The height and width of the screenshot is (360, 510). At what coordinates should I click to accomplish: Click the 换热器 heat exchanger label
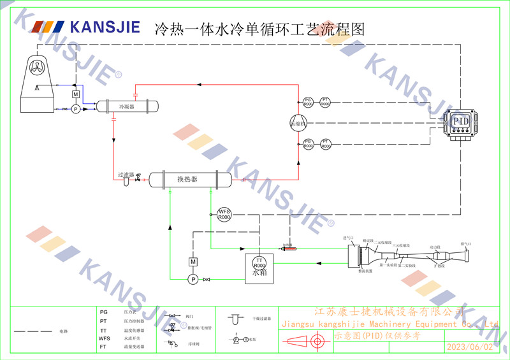tap(187, 180)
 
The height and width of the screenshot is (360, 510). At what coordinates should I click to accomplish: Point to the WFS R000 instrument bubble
tap(224, 215)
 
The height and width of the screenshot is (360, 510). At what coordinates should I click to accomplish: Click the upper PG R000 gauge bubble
tap(309, 102)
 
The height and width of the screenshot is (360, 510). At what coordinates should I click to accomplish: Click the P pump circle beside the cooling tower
tap(75, 109)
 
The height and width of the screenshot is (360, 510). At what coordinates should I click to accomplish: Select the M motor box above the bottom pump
tap(193, 262)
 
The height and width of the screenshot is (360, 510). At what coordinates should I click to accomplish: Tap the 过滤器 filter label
tap(126, 174)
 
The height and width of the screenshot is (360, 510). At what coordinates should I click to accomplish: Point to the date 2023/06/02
tap(470, 347)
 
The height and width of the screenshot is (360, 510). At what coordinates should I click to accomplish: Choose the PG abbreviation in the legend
tap(103, 313)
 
